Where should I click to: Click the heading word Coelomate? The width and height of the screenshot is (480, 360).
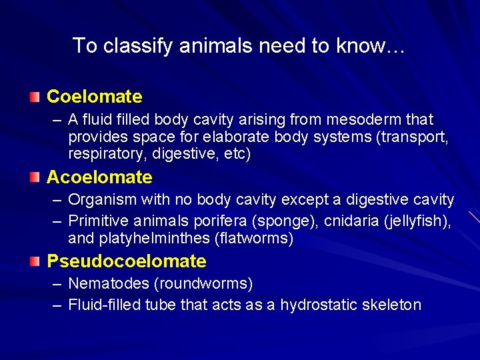94,97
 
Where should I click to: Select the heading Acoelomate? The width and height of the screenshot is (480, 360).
99,177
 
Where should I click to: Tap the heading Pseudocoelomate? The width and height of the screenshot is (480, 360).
126,261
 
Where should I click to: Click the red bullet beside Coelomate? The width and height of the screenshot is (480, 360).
34,97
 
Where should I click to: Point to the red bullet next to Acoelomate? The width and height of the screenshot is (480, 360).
34,178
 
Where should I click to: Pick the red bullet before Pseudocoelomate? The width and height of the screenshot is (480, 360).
34,261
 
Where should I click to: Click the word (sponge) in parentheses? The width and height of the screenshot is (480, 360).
265,221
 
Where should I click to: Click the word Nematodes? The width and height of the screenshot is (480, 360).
109,284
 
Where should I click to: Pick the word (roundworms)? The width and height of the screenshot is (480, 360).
203,284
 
